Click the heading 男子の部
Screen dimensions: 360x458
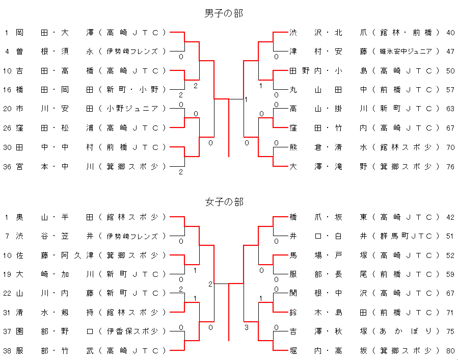click(224, 13)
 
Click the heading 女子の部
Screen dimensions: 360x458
click(224, 202)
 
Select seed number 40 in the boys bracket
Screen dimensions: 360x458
click(450, 33)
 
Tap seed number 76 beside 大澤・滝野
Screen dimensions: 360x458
click(450, 166)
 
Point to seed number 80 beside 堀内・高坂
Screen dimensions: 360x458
click(450, 350)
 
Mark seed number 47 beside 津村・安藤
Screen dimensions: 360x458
click(450, 52)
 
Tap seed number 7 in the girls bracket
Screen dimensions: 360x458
click(7, 236)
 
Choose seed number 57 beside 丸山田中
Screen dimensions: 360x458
click(450, 90)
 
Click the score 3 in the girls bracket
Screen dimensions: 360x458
click(247, 327)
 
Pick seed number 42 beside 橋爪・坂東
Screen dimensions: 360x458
click(450, 217)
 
